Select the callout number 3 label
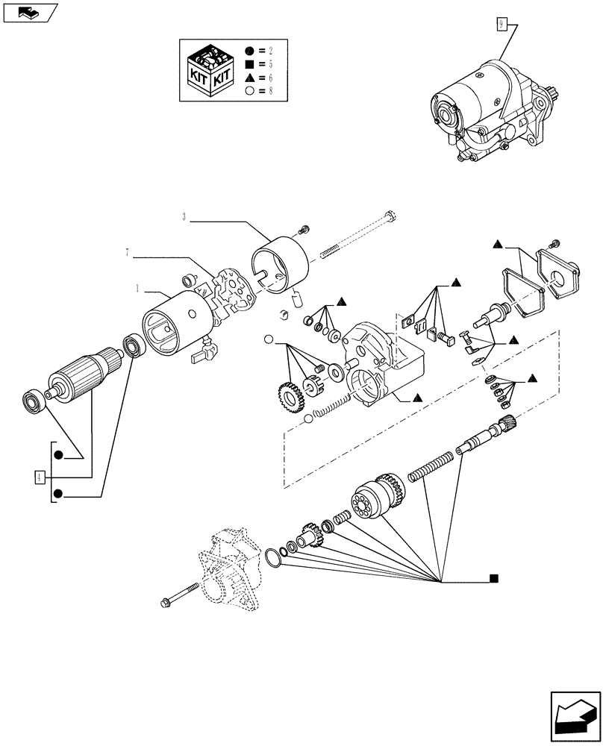point(184,218)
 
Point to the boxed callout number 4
point(39,476)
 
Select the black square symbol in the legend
point(250,64)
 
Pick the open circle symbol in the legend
point(250,90)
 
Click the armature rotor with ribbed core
point(83,369)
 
